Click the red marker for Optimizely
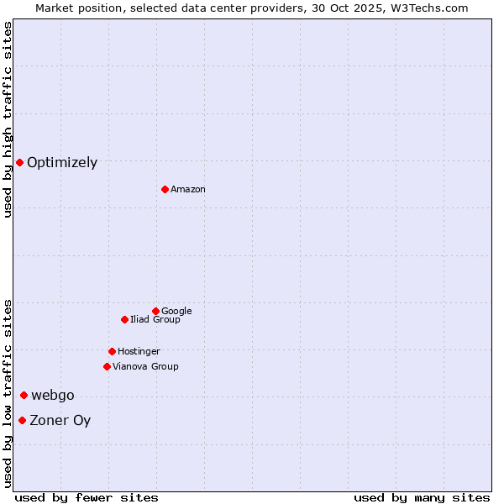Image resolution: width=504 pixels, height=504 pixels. coord(19,162)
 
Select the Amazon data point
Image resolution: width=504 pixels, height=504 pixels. coord(165,189)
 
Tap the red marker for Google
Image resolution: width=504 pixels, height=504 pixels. coord(155,311)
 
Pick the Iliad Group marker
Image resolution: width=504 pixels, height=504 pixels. coord(124,319)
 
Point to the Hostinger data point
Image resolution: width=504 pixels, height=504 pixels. coord(112,351)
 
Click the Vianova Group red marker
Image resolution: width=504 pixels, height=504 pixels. coord(107,366)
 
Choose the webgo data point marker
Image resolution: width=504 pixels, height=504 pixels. coord(24,395)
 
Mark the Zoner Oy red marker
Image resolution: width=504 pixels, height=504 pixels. coord(22,420)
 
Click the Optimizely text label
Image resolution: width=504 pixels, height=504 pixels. coord(62,163)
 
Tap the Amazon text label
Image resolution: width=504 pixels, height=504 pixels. coord(188,190)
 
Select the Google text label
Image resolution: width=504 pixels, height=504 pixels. coord(176,312)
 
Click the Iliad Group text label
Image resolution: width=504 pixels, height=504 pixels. coord(155,320)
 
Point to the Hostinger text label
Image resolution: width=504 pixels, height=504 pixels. coord(139,352)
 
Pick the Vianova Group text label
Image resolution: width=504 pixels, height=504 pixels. coord(145,367)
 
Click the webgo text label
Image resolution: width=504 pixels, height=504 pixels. coord(53,396)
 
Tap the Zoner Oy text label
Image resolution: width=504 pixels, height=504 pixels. coord(60,421)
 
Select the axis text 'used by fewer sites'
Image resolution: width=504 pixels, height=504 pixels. coord(87,497)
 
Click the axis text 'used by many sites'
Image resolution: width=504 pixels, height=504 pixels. coord(422,497)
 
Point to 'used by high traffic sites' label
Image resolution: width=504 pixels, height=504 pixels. coord(8,119)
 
